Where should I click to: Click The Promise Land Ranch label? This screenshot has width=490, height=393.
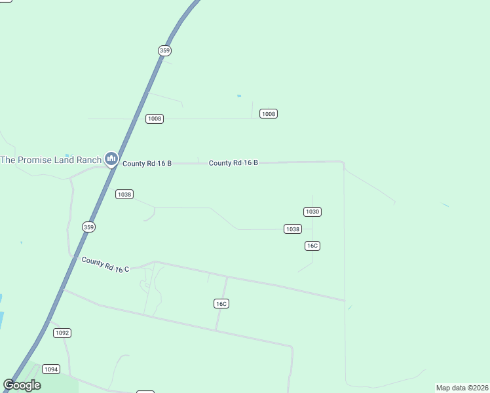(x=50, y=160)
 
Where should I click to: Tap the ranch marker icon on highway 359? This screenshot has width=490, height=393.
(x=111, y=159)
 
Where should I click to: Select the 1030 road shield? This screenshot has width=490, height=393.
(x=312, y=212)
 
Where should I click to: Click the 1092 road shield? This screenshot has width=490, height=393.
(x=62, y=333)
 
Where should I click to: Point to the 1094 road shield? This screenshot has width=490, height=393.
(x=51, y=369)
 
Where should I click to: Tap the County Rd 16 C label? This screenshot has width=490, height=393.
(x=105, y=265)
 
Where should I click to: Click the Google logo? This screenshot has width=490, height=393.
(x=22, y=385)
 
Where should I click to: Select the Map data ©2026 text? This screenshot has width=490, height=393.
(x=462, y=388)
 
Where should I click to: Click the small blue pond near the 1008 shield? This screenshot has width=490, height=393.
(x=239, y=96)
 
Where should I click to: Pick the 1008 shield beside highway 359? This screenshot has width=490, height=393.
(x=155, y=119)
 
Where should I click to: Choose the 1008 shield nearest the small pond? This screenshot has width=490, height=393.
(x=269, y=114)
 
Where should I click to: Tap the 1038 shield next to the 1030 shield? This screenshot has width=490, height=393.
(x=292, y=229)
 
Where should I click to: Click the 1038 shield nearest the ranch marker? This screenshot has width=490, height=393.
(x=124, y=194)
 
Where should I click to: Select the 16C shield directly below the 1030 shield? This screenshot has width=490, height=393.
(x=312, y=246)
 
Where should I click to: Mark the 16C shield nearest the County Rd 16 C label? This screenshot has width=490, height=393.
(x=221, y=303)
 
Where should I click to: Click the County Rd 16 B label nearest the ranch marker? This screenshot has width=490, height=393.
(x=147, y=163)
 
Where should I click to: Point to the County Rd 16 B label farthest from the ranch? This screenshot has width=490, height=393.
(x=233, y=162)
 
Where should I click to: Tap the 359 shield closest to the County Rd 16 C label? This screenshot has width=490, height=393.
(x=89, y=227)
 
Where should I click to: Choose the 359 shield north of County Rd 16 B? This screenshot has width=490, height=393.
(x=164, y=50)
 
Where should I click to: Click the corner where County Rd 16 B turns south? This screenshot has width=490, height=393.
(x=343, y=162)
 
